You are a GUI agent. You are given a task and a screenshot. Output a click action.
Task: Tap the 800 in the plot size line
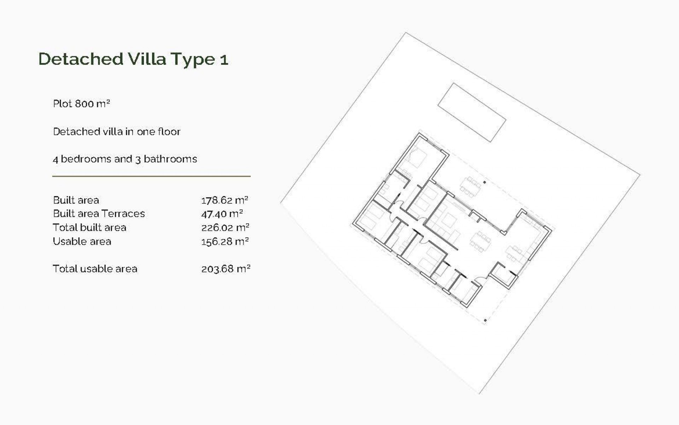click(x=84, y=104)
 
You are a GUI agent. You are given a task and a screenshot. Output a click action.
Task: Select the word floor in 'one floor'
click(x=169, y=132)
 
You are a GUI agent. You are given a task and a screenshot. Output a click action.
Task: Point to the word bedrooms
click(x=86, y=159)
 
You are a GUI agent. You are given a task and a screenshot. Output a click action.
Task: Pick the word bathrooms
click(x=170, y=159)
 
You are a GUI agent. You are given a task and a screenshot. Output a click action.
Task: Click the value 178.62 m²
click(x=225, y=200)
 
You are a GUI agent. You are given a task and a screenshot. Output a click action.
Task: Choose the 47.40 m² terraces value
click(x=222, y=214)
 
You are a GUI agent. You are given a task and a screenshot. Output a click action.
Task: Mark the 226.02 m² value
click(x=225, y=227)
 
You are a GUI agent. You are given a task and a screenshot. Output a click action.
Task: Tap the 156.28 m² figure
click(x=225, y=242)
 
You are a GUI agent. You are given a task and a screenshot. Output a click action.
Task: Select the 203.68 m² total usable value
click(x=226, y=269)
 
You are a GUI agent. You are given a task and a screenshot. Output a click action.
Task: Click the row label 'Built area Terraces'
click(x=99, y=214)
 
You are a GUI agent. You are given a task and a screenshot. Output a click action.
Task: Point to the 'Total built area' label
click(x=89, y=227)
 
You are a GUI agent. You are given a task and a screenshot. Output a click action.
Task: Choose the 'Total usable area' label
click(x=95, y=269)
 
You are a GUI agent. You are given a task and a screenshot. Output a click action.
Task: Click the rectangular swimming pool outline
click(x=472, y=112)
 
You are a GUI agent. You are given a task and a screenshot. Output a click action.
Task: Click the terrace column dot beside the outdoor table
click(x=484, y=182)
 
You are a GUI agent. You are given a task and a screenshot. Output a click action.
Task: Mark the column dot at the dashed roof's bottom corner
click(x=485, y=321)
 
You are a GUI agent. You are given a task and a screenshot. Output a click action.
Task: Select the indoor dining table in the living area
click(x=480, y=242)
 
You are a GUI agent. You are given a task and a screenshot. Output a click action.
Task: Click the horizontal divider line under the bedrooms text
click(x=151, y=176)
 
